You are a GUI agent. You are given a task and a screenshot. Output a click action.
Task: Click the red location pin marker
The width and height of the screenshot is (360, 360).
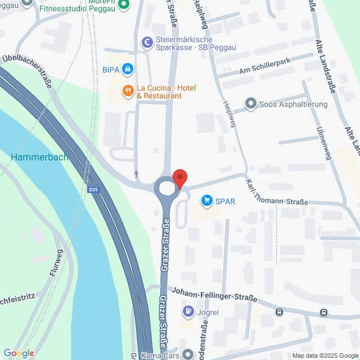tap(179, 178)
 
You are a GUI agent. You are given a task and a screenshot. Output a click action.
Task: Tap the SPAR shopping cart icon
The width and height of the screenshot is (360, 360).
tap(207, 200)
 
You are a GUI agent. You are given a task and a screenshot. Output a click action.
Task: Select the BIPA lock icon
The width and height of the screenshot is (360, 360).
tap(128, 69)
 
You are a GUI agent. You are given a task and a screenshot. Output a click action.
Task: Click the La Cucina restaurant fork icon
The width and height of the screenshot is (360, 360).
tap(128, 90)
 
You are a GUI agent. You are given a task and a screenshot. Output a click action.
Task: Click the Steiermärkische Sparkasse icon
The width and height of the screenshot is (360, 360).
tap(147, 41)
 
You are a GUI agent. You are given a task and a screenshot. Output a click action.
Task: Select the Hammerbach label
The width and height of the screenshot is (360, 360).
tap(39, 156)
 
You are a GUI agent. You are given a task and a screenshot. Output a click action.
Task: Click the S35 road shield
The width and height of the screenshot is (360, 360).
tap(93, 190)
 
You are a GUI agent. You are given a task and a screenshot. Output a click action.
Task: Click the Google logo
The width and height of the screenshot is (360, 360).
tap(19, 353)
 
